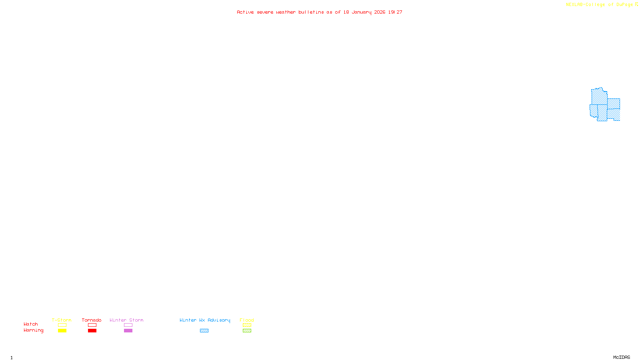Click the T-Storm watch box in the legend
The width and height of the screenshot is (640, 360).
pos(62,325)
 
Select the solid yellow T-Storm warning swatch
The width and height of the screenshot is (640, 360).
pos(62,331)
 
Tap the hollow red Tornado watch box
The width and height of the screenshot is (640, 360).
pos(92,325)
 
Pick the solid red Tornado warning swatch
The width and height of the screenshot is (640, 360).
pos(92,331)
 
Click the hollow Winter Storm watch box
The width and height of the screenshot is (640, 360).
pos(128,325)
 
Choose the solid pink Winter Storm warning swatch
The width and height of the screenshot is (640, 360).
pos(128,331)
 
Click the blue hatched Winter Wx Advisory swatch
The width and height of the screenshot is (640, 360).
pos(204,331)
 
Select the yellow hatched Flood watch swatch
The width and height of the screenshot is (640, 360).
pos(247,325)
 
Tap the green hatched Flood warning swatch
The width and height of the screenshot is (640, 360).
pos(247,331)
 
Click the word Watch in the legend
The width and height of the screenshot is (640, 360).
pos(31,324)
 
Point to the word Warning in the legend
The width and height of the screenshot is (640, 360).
pos(33,330)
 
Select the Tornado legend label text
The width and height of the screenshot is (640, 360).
pos(92,320)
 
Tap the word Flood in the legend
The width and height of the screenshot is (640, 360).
pos(247,320)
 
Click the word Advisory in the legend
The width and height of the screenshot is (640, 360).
pos(219,320)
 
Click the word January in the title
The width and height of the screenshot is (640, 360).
pos(362,12)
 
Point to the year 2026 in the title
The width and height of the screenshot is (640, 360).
pos(380,12)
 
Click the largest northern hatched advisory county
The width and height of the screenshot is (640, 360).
pos(599,96)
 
